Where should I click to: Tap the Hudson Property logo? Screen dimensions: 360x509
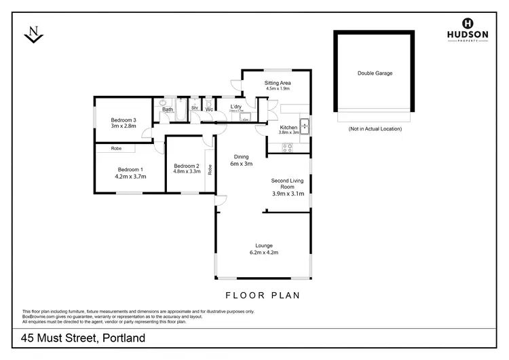pos(467,29)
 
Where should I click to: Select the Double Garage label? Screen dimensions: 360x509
pos(375,73)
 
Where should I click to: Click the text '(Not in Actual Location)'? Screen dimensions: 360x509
pos(375,128)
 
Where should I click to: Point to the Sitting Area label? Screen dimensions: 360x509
pos(277,83)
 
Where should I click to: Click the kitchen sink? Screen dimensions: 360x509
pos(305,126)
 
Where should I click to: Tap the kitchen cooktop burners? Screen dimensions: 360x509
pos(287,147)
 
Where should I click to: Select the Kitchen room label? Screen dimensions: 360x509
pos(288,128)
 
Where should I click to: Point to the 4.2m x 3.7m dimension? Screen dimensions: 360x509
pos(131,177)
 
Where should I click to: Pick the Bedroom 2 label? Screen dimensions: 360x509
pos(186,166)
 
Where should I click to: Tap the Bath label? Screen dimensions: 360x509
pos(167,109)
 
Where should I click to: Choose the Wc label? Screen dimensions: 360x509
pos(209,109)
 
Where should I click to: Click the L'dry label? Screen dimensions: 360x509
pos(236,107)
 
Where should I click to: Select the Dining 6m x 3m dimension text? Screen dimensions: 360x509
pos(241,164)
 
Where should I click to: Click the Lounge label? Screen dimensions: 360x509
pos(264,245)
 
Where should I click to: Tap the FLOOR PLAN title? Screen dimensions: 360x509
pos(262,295)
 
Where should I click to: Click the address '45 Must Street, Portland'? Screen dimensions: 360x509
pos(83,338)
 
